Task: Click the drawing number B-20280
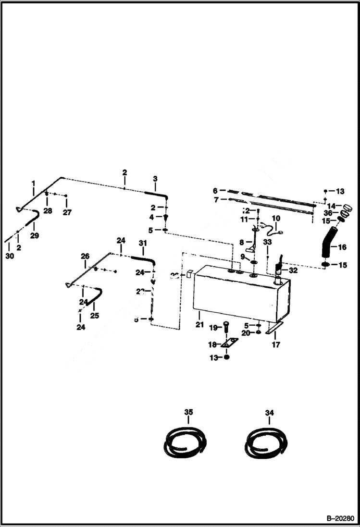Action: click(339, 519)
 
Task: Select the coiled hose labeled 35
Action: click(186, 442)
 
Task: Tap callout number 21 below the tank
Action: click(199, 325)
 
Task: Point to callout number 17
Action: click(275, 344)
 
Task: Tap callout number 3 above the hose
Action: click(155, 179)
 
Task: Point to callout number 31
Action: click(142, 244)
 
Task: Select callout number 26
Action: click(85, 257)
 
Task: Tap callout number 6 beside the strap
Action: click(215, 190)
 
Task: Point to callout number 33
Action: click(267, 242)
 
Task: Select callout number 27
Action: click(66, 212)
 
